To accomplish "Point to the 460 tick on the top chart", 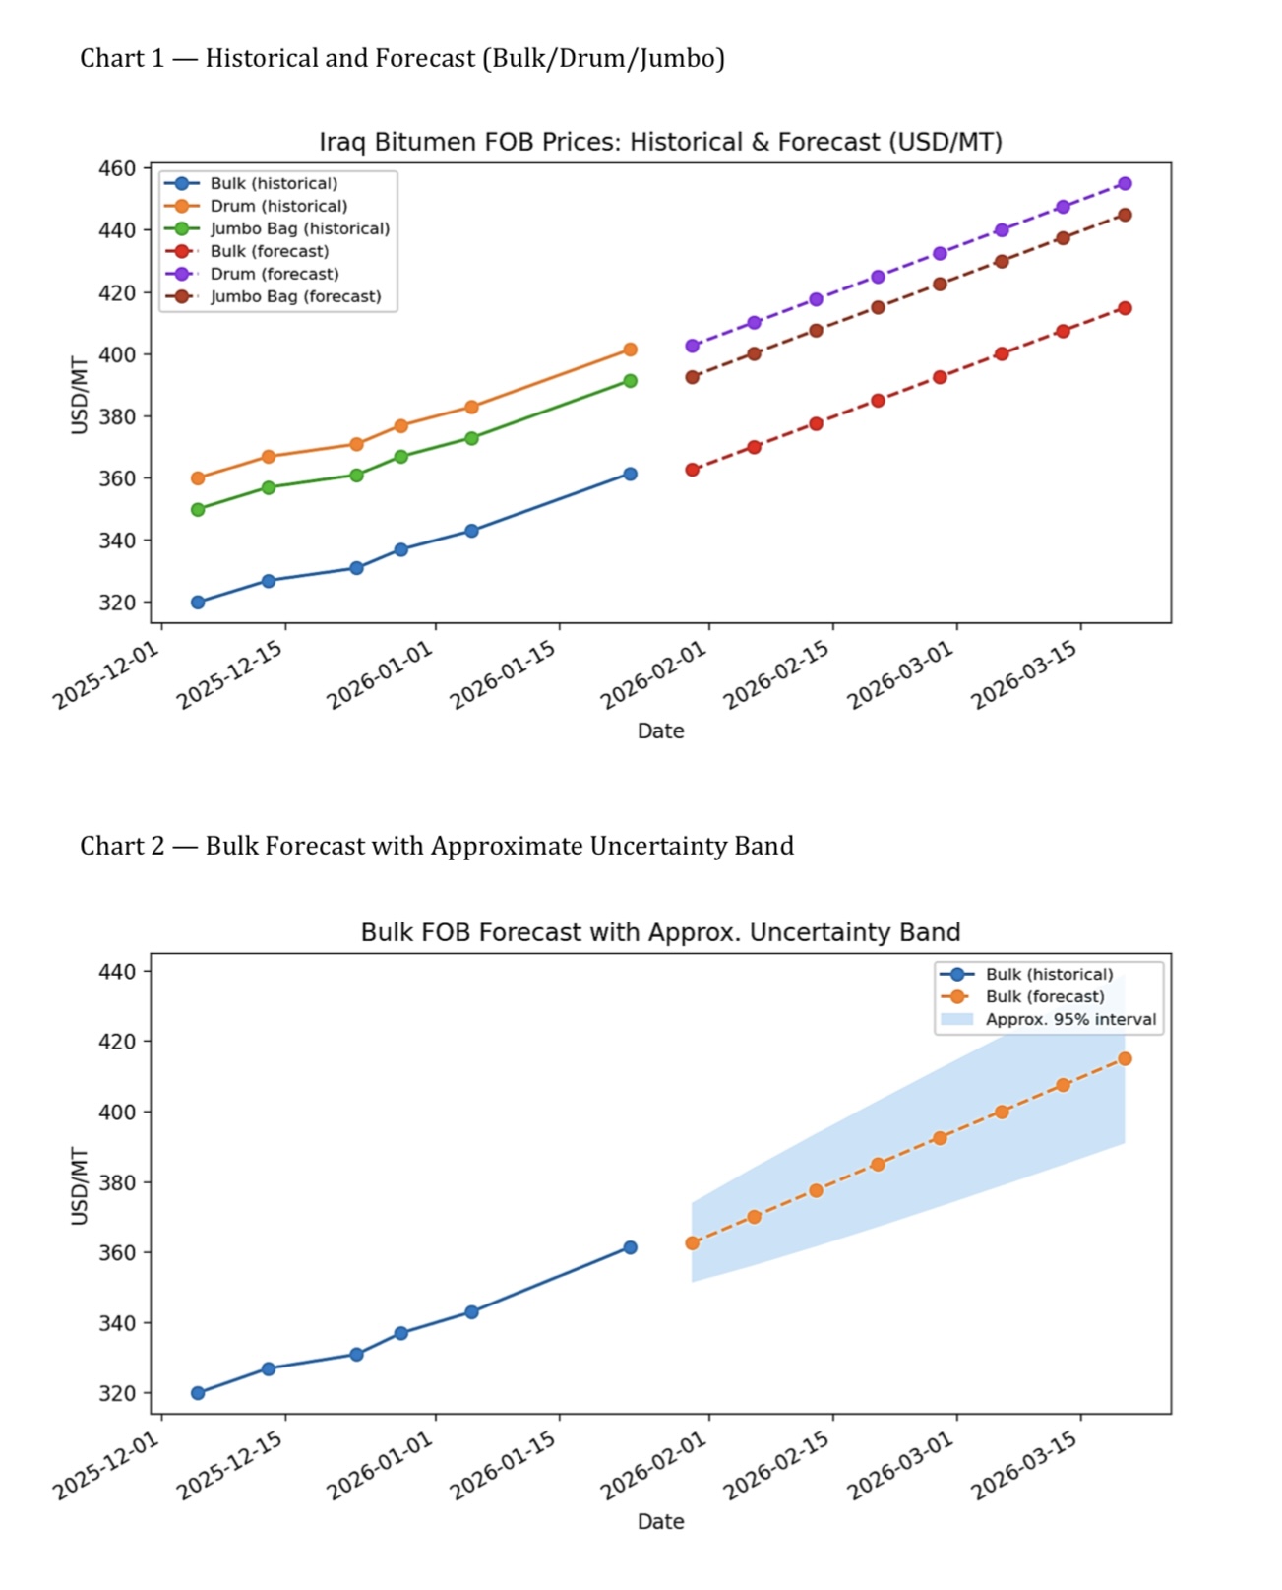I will (117, 168).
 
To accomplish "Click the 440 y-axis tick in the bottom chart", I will (117, 971).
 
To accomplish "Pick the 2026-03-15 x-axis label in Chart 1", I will (1024, 675).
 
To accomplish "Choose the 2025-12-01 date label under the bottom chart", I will (106, 1466).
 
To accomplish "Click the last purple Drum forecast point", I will (1125, 184).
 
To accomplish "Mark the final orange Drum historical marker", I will (630, 350).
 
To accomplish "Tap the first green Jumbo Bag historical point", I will (198, 509).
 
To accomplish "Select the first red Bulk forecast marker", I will (693, 470).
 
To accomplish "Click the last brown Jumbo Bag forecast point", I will (1125, 215).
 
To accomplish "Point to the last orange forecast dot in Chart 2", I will (1125, 1058).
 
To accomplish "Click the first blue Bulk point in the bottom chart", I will (198, 1393).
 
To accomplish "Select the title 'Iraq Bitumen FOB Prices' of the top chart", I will (660, 142).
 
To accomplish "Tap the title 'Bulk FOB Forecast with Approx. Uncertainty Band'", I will (660, 932).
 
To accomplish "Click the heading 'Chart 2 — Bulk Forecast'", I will (436, 846).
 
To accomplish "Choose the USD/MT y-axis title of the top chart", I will (80, 395).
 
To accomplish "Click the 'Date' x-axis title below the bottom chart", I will (660, 1521).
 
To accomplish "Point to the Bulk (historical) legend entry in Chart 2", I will (1049, 974).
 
